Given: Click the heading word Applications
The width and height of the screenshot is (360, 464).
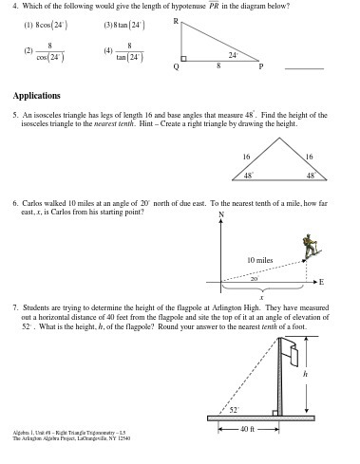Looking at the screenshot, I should click(36, 95).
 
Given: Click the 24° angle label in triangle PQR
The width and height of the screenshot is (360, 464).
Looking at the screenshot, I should click(233, 55).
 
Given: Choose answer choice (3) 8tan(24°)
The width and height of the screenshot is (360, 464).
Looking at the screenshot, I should click(123, 23).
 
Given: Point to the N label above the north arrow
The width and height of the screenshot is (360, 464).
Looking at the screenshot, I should click(221, 213).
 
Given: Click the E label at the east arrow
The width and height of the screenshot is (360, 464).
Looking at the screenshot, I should click(321, 283).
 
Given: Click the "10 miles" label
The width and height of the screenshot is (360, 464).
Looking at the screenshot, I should click(259, 259).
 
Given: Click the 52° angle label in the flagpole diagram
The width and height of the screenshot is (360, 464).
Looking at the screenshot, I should click(234, 409).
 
